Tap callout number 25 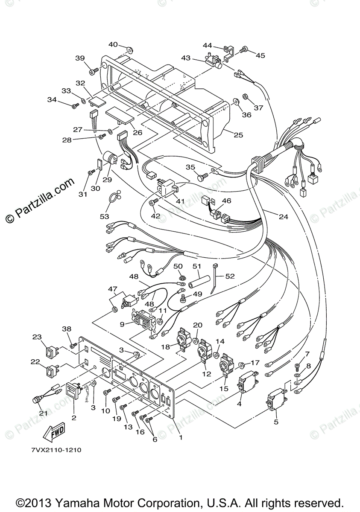pyautogui.click(x=238, y=135)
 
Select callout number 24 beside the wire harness pyautogui.click(x=283, y=217)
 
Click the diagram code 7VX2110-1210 pyautogui.click(x=56, y=450)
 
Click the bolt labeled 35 pyautogui.click(x=201, y=176)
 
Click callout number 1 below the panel pyautogui.click(x=180, y=437)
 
